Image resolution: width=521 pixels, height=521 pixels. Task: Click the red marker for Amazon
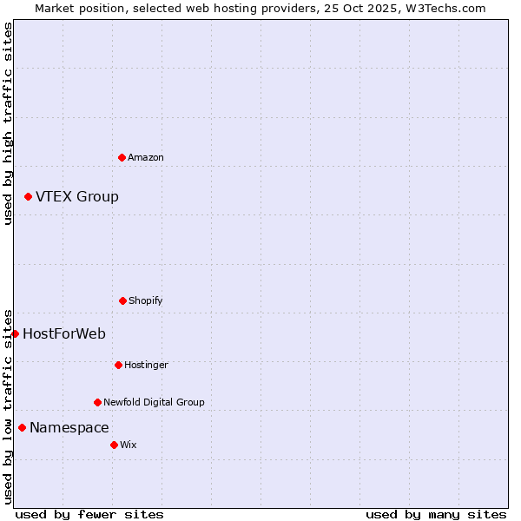[x=122, y=157]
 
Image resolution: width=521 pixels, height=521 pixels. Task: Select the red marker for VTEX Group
[x=28, y=197]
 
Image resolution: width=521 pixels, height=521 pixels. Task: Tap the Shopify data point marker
[x=122, y=300]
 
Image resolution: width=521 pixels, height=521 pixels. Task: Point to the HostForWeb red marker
[x=15, y=333]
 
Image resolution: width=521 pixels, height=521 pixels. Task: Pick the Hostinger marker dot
[x=118, y=365]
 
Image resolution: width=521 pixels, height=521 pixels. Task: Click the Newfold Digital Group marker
[x=97, y=402]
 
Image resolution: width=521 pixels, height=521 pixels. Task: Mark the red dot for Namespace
[x=22, y=427]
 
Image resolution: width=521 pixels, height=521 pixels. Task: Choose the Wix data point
[x=114, y=445]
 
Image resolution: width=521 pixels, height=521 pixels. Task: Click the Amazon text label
[x=146, y=157]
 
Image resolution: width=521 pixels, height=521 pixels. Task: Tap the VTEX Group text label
[x=77, y=197]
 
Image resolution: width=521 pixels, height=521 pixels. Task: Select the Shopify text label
[x=146, y=300]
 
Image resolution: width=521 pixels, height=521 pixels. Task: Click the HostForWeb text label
[x=64, y=333]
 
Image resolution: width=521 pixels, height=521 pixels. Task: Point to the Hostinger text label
[x=146, y=365]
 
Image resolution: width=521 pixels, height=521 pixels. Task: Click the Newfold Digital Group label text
[x=154, y=402]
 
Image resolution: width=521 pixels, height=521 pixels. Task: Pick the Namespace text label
[x=69, y=427]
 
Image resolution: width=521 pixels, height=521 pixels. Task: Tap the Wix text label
[x=129, y=445]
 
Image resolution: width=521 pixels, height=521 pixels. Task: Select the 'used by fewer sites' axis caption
[x=89, y=514]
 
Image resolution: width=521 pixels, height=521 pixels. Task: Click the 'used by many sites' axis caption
[x=436, y=514]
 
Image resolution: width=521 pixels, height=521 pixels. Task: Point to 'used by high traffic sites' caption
[x=8, y=123]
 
